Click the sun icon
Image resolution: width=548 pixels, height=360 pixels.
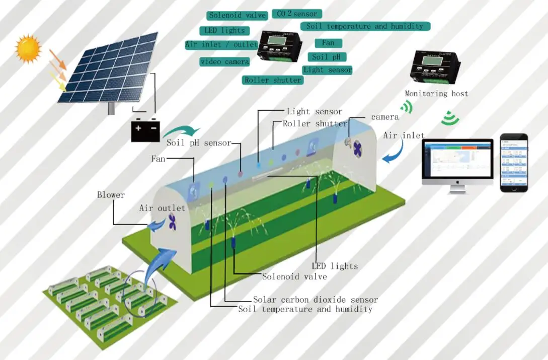coord(28,48)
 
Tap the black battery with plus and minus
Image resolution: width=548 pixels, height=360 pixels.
coord(145,131)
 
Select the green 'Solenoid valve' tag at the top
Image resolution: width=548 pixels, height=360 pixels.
coord(237,15)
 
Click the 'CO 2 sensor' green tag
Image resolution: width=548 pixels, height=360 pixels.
coord(297,14)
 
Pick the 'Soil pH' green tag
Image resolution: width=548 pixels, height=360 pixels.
coord(327,57)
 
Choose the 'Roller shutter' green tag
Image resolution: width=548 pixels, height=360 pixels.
coord(273,80)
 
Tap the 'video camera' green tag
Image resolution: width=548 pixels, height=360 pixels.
coord(224,62)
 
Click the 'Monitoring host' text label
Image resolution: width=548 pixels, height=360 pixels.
coord(436,94)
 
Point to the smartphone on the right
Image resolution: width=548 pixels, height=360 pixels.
coord(514,162)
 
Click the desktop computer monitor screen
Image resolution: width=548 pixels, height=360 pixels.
coord(457,159)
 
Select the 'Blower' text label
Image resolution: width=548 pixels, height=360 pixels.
coord(111,195)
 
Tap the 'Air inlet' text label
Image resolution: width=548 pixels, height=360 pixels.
coord(404,135)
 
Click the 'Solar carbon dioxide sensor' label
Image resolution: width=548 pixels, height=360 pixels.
coord(315,300)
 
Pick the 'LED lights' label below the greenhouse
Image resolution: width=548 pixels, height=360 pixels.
coord(335,266)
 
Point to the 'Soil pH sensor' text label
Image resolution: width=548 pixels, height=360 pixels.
coord(199,143)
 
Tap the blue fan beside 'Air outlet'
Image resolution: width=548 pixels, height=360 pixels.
coord(172,222)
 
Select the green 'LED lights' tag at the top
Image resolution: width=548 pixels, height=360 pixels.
coord(221,30)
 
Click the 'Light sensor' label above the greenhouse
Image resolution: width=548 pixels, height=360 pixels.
coord(315,111)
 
